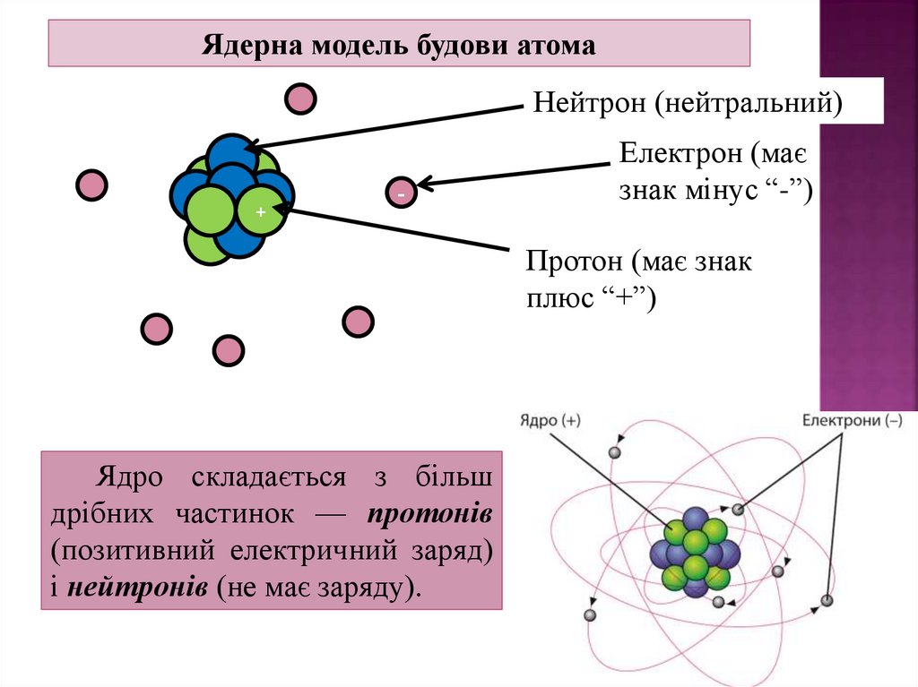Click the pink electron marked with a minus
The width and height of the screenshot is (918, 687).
pos(401,193)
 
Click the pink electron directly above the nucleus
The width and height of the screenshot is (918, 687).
pos(300,98)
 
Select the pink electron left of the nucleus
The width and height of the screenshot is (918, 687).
pos(91,185)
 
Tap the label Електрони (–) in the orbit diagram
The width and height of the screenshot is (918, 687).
pos(852,419)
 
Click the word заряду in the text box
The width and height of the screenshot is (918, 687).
pos(369,588)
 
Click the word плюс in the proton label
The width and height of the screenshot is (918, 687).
pos(554,297)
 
